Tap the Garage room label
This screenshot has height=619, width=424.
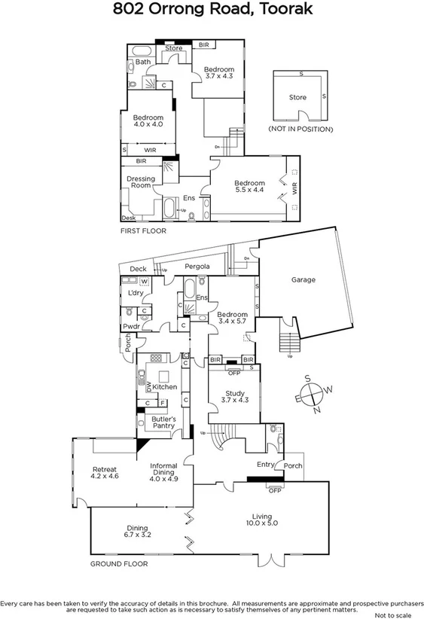303,279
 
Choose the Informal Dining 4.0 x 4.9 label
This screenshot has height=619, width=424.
163,471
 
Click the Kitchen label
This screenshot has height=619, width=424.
164,386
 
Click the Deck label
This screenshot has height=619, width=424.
138,269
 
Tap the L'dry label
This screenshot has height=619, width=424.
136,292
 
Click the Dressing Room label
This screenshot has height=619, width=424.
141,182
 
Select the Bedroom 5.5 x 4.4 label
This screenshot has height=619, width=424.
249,187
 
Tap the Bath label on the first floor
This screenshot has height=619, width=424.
142,62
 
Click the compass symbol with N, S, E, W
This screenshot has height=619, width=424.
316,394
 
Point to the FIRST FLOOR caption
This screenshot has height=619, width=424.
143,231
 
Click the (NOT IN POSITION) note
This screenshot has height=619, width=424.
300,130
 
